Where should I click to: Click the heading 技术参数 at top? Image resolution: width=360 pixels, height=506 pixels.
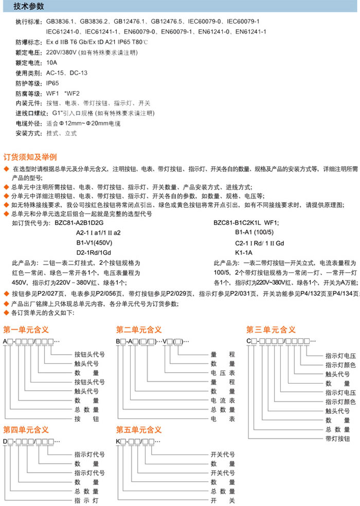pyautogui.click(x=29, y=6)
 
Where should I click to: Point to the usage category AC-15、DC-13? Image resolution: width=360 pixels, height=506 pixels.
pyautogui.click(x=64, y=73)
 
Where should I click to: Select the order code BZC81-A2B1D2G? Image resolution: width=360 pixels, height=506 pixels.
pyautogui.click(x=80, y=223)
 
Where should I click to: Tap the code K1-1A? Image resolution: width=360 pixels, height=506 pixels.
pyautogui.click(x=244, y=252)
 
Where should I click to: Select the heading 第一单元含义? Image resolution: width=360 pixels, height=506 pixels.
pyautogui.click(x=26, y=329)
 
